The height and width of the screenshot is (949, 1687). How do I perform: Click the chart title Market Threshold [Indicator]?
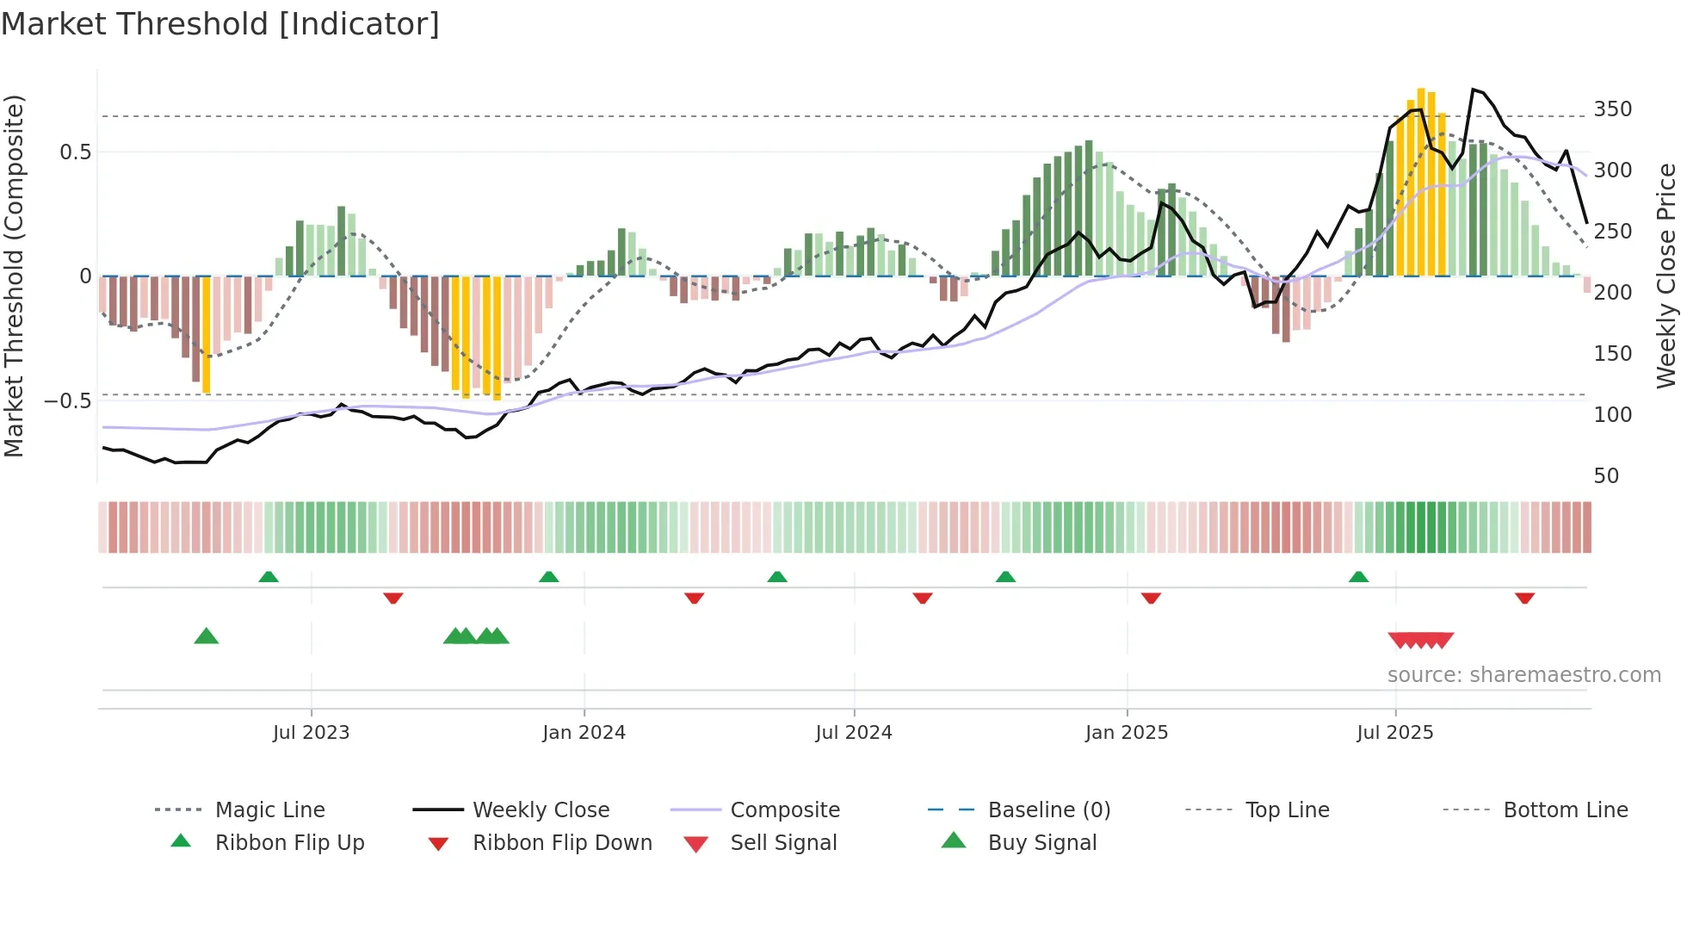(x=220, y=24)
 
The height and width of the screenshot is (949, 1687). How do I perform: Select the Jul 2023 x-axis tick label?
(x=311, y=733)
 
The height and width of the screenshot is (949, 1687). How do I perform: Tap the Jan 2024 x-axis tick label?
(x=584, y=733)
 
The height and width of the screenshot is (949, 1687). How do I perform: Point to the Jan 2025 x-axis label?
(x=1126, y=733)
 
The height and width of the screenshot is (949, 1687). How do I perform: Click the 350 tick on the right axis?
(x=1612, y=109)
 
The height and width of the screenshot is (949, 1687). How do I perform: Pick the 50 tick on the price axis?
(x=1606, y=476)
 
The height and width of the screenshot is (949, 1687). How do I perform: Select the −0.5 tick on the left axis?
(x=67, y=401)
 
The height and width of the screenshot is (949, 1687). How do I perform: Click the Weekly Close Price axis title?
(x=1666, y=276)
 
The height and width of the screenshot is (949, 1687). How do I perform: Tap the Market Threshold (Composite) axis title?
(x=14, y=276)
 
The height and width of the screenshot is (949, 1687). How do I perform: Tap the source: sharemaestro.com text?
(x=1523, y=675)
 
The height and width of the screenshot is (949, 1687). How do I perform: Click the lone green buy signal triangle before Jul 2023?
(x=207, y=636)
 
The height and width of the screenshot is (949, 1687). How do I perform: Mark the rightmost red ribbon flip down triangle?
(x=1524, y=598)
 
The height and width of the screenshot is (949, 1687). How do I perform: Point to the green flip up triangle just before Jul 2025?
(x=1358, y=576)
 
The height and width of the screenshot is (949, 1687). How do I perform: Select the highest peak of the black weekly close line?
(x=1474, y=90)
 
